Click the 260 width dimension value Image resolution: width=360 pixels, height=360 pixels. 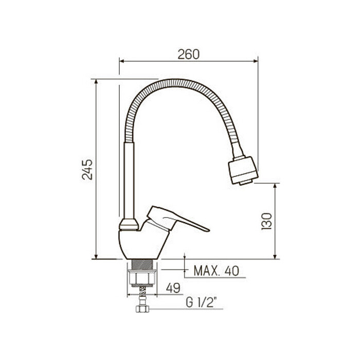[x=189, y=54]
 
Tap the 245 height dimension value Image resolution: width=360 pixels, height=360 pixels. [x=87, y=169]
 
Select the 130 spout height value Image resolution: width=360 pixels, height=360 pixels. [x=266, y=221]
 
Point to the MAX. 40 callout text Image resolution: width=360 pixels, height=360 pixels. [x=217, y=271]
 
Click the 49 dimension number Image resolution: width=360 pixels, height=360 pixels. [x=173, y=288]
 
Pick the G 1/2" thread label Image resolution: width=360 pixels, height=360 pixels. [x=202, y=303]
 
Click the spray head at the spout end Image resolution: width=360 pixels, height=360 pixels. [x=243, y=170]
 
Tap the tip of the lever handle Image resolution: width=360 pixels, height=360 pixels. [x=209, y=230]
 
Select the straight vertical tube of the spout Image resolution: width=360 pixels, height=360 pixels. [x=129, y=180]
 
